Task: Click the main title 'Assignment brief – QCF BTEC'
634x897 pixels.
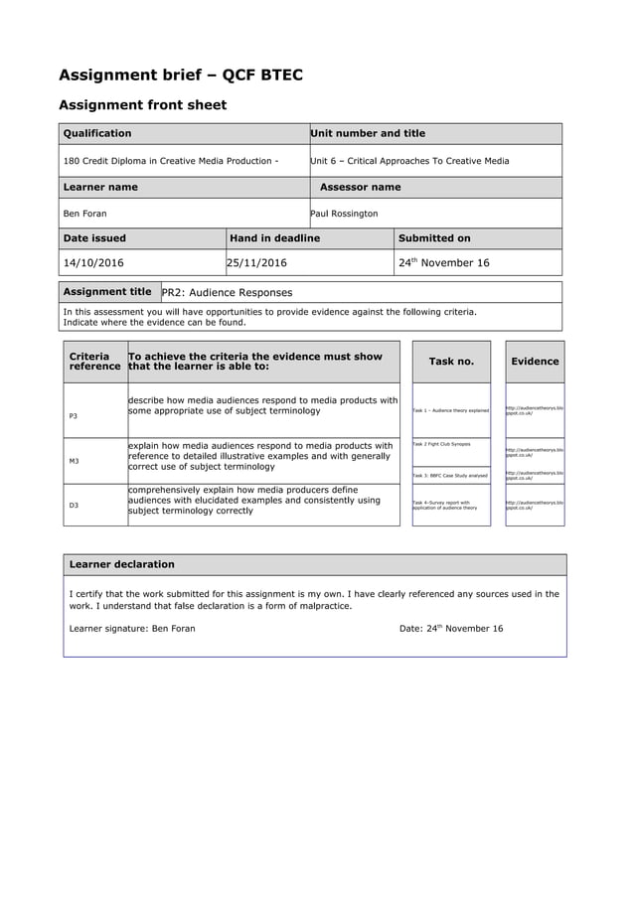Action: [181, 75]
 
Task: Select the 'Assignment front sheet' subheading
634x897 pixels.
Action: [142, 105]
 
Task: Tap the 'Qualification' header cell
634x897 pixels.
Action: [97, 133]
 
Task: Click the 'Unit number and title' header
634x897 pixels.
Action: [368, 133]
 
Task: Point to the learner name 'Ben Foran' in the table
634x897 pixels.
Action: [85, 214]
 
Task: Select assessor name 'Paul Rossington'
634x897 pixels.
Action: [344, 214]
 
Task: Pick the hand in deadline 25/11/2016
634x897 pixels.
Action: [256, 263]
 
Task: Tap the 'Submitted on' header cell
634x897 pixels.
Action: [434, 238]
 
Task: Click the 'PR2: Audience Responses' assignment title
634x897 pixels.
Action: [227, 293]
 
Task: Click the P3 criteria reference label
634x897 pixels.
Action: [74, 415]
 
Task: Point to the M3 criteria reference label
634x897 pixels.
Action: [74, 461]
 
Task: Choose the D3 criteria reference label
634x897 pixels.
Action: [74, 506]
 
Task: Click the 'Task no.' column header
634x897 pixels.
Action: [451, 362]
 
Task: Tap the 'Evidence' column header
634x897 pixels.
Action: [535, 362]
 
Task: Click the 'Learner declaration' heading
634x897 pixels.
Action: [121, 564]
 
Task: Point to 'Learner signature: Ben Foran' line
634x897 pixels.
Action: [132, 629]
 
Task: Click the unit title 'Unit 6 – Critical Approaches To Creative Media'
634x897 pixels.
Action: [409, 161]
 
